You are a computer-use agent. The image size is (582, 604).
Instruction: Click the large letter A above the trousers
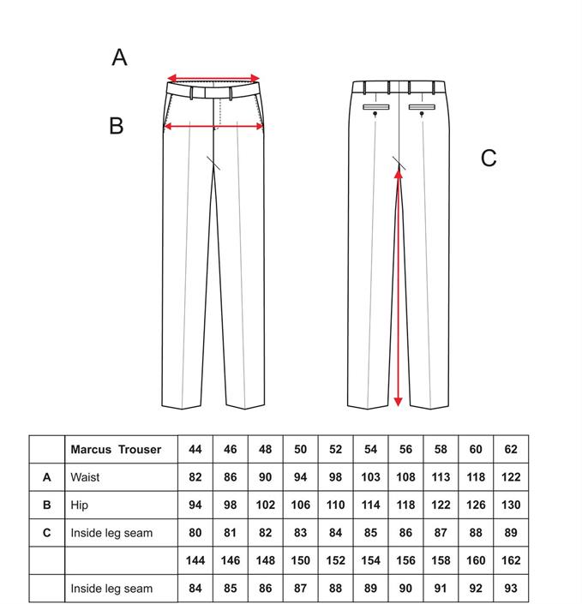119,57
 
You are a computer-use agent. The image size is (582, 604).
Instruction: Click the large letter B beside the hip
117,126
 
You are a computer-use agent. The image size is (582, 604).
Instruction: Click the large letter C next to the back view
489,158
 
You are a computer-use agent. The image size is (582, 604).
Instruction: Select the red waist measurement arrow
213,78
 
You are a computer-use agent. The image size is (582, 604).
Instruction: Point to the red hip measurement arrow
213,126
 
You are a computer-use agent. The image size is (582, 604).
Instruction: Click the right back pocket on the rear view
422,107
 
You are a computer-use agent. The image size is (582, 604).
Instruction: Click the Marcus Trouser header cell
116,449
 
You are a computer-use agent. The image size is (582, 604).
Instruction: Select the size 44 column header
195,449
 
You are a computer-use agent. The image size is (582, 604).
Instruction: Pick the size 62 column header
511,449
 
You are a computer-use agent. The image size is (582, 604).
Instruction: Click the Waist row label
85,477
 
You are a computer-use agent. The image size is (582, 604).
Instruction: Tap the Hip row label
79,505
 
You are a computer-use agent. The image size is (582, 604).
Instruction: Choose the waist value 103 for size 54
371,477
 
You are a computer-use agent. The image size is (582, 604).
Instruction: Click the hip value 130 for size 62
511,505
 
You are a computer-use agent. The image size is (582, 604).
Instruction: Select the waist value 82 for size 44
195,477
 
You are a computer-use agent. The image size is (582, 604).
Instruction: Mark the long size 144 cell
195,560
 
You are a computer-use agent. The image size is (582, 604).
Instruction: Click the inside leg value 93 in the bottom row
511,589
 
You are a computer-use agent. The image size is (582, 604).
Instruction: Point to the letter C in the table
46,533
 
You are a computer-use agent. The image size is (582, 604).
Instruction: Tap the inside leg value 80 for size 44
195,533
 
